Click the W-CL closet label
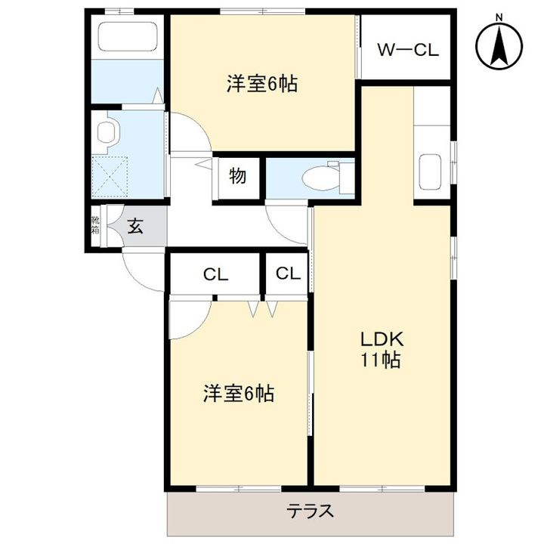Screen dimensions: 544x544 coord(407,51)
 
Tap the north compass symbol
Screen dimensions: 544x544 coord(499,44)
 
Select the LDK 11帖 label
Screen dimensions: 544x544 coord(379,350)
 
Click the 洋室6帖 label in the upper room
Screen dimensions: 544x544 coord(261,84)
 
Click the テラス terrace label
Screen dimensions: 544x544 coord(310,511)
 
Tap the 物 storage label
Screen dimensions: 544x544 coord(237,177)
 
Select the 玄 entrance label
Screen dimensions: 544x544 coord(134,225)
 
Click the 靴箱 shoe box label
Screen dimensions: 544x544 coord(95,225)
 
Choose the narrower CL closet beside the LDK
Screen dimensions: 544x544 coord(287,274)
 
